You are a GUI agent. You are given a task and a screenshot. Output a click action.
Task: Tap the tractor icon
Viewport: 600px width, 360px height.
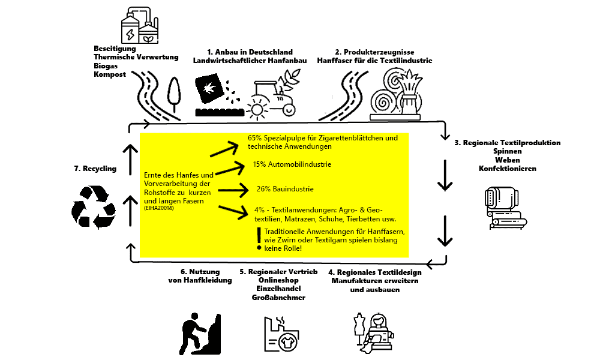point(274,96)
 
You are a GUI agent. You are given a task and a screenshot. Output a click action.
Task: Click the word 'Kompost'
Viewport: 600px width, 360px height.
point(110,74)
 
